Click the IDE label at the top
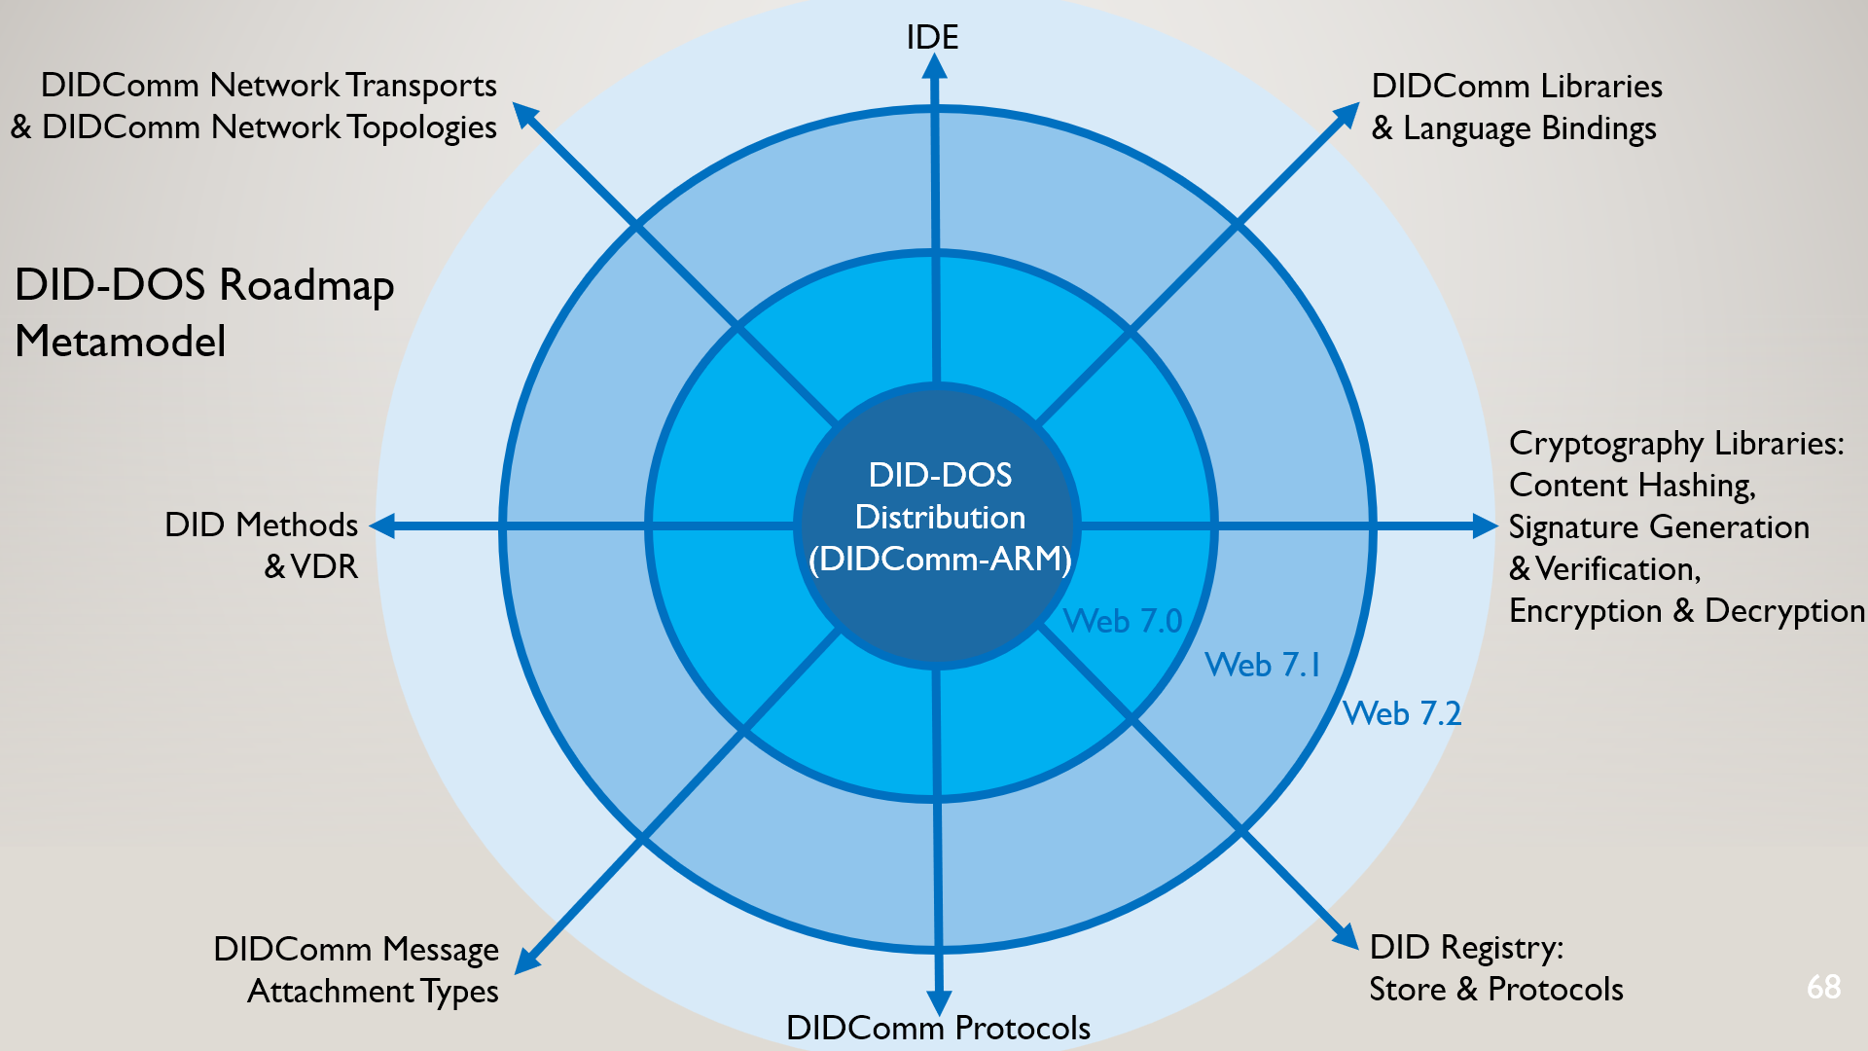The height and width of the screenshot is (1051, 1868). tap(932, 37)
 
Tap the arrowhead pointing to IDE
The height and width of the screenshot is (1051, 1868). tap(934, 68)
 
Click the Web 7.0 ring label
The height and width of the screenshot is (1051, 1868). tap(1122, 621)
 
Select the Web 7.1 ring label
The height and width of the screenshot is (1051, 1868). tap(1263, 665)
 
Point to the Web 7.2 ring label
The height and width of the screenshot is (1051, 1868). tap(1402, 713)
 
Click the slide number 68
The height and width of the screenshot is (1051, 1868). tap(1823, 987)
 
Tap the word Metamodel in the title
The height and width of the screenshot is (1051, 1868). tap(121, 342)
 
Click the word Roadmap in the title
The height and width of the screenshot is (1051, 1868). tap(306, 285)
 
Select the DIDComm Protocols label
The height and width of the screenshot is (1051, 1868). tap(938, 1028)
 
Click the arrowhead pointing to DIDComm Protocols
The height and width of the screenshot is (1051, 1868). tap(939, 1001)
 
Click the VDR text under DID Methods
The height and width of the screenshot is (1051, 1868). tap(324, 566)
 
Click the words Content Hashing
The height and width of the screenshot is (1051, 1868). tap(1632, 485)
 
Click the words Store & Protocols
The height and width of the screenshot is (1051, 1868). tap(1495, 989)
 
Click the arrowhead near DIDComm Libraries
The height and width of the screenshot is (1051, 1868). tap(1347, 115)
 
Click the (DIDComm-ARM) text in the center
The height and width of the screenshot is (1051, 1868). tap(940, 560)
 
